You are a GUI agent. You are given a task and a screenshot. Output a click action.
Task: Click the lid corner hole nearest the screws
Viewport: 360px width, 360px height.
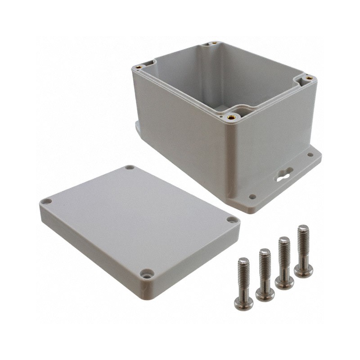(232, 220)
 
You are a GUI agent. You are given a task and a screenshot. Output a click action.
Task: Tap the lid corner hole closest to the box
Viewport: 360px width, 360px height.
(130, 167)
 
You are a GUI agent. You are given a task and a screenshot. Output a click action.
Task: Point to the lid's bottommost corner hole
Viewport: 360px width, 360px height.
(146, 273)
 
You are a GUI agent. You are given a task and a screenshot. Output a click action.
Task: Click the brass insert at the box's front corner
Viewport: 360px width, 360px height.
(232, 116)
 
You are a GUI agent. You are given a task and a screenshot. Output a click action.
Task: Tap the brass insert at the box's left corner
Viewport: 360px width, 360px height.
(139, 67)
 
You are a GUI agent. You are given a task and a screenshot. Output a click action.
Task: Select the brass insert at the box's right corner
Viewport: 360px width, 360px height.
(309, 78)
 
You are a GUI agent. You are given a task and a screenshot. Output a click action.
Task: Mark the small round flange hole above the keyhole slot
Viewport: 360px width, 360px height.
(310, 155)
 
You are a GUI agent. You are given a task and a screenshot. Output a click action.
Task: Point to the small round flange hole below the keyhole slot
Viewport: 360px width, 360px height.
(252, 197)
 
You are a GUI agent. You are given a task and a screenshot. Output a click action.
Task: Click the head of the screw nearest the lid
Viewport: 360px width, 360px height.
(243, 303)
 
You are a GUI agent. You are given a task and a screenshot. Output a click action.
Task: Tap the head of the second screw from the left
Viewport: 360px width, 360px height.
(265, 294)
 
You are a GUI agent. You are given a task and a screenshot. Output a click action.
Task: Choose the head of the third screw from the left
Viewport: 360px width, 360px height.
(284, 282)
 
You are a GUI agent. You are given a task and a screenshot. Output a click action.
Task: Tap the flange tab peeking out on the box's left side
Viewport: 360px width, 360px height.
(137, 126)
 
